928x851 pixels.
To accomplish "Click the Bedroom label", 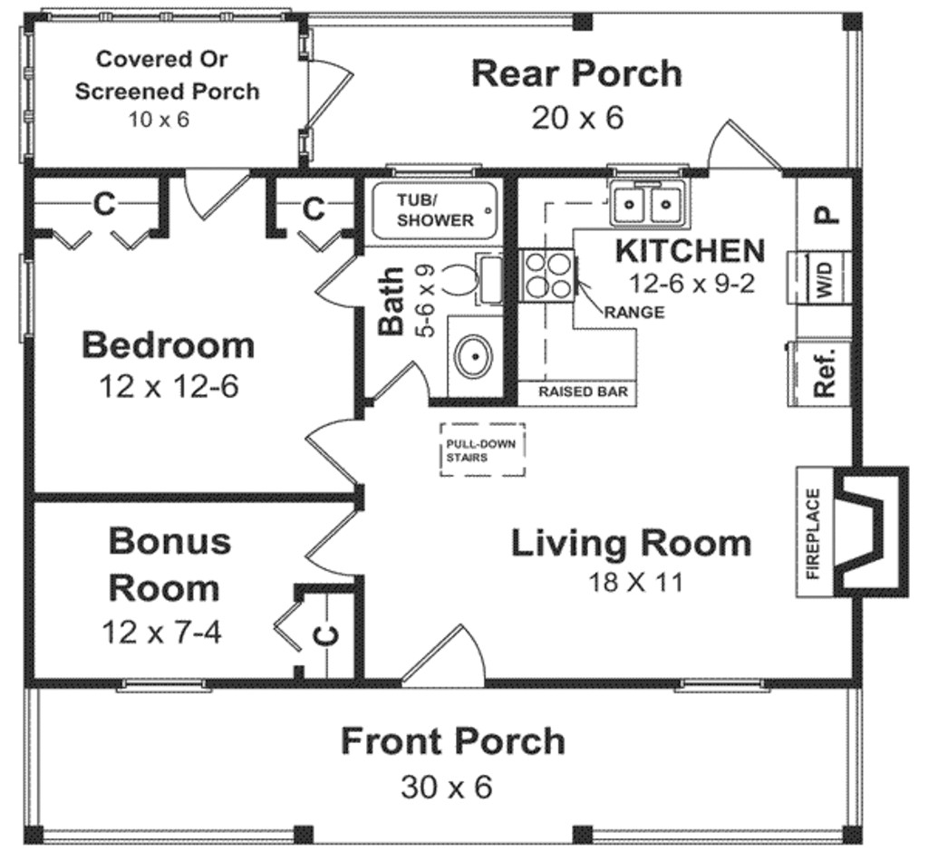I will (x=168, y=345).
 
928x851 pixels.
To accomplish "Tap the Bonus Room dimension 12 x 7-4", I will (x=160, y=631).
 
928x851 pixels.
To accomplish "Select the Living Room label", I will (x=631, y=543).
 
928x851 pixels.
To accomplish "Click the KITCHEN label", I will (x=691, y=249).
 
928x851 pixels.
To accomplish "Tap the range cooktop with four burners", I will (x=547, y=273).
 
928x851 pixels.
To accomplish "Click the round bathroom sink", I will (x=473, y=356).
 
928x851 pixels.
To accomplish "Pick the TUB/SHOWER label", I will (x=435, y=209).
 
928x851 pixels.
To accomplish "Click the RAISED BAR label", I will (x=575, y=393).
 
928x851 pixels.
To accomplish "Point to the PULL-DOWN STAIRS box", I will (x=482, y=450).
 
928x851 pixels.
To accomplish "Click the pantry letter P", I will (x=825, y=214).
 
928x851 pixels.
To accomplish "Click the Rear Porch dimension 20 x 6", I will (x=577, y=118).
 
